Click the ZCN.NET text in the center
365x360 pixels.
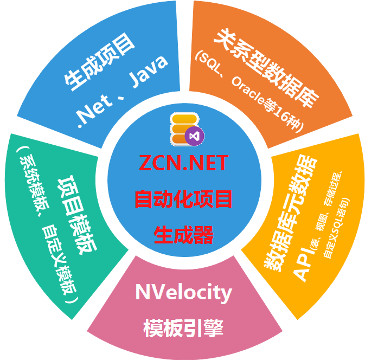pos(183,163)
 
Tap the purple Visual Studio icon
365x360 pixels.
pos(193,136)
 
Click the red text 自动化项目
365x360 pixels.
pos(183,199)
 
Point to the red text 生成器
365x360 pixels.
pos(183,235)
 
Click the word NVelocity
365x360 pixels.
pos(183,293)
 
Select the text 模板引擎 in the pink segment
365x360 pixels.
pos(183,328)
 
